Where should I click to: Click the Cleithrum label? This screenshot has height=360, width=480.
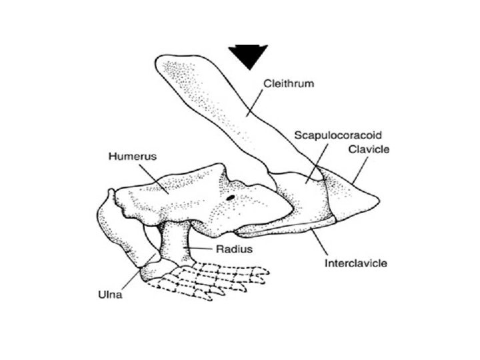pos(289,84)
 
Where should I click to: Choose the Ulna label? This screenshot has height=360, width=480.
pos(107,294)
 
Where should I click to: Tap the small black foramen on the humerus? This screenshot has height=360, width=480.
pos(229,197)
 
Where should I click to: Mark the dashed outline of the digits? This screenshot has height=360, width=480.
pos(220,277)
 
